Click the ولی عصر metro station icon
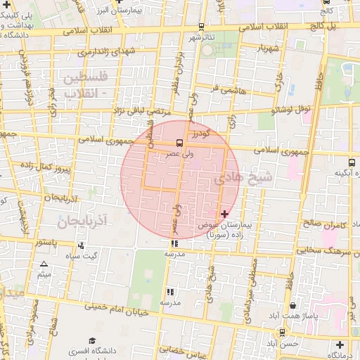(180, 143)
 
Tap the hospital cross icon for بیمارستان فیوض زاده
(224, 214)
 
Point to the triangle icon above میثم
(44, 264)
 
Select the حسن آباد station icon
(283, 333)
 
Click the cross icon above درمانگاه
(340, 345)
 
